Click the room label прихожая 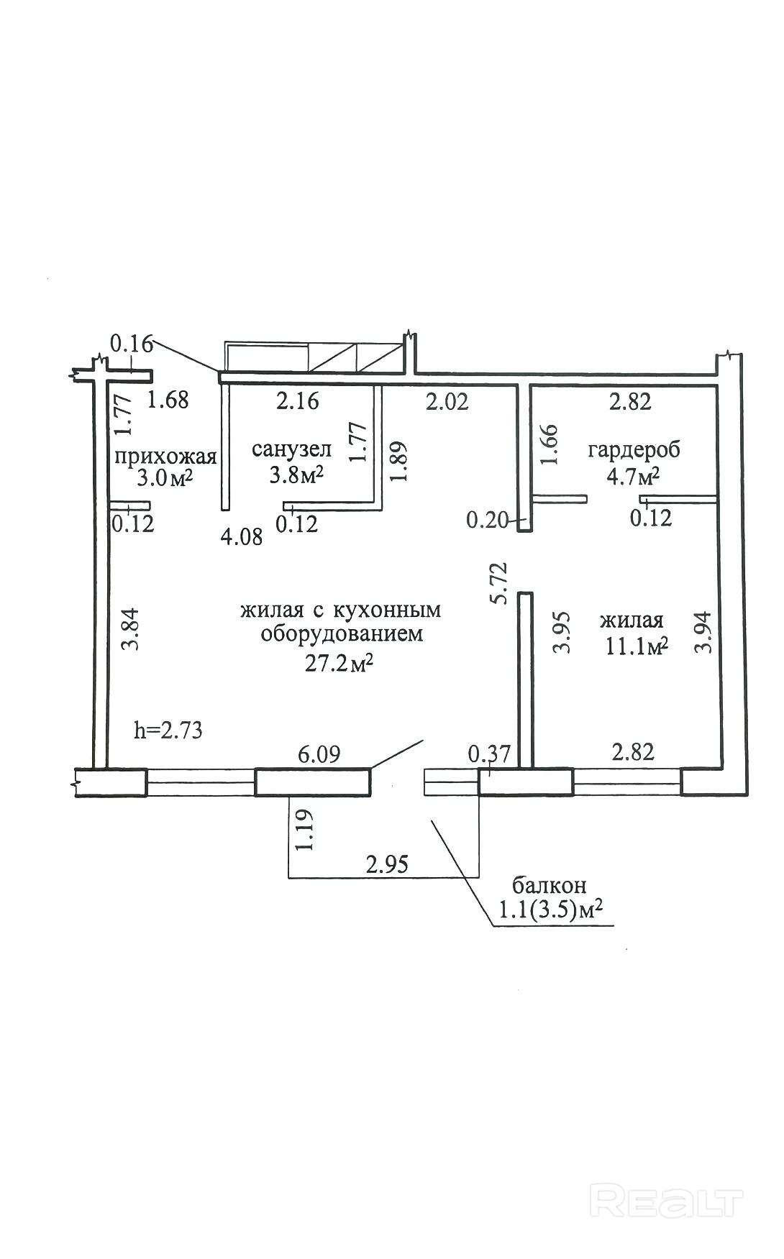pos(165,457)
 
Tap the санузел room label pos(292,449)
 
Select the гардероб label pos(634,450)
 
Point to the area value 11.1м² pos(637,646)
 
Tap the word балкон pos(549,884)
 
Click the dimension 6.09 pos(319,754)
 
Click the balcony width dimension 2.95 pos(387,864)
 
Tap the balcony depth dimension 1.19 pos(304,830)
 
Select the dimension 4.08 pos(242,536)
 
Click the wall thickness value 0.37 pos(489,754)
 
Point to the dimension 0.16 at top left pos(132,344)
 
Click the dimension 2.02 pos(447,400)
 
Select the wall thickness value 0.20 pos(488,519)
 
